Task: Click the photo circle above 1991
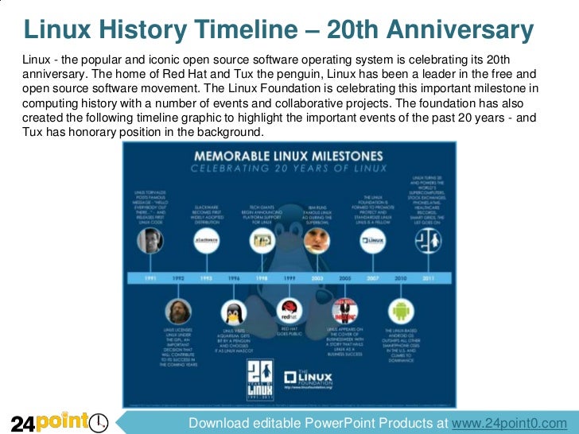pos(149,243)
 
